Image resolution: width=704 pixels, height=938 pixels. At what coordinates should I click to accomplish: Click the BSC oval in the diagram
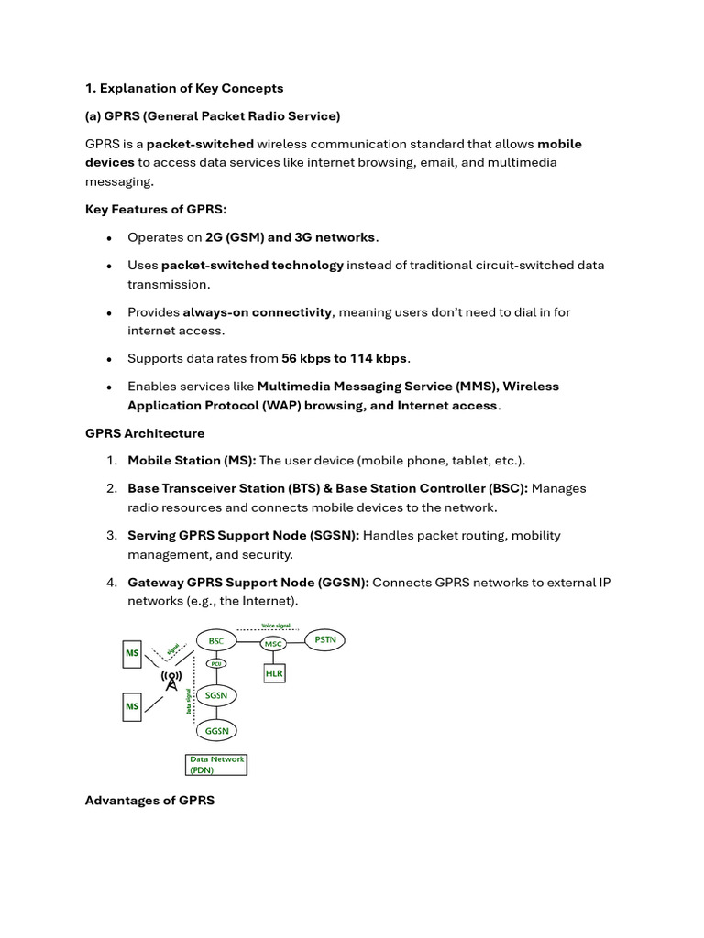(x=215, y=641)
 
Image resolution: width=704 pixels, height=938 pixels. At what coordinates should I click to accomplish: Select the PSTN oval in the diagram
(x=324, y=639)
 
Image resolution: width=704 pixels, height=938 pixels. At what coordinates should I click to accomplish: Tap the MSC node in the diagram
(x=273, y=644)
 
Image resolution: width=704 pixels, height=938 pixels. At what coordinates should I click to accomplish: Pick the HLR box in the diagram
(x=274, y=673)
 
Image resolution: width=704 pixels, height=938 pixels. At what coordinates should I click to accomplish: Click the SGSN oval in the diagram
(x=215, y=696)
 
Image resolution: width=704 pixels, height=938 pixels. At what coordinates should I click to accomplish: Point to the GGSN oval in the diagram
(x=216, y=730)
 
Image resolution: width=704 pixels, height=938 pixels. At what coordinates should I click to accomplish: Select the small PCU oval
(x=216, y=663)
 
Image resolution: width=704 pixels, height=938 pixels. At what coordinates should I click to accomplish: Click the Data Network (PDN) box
(x=216, y=765)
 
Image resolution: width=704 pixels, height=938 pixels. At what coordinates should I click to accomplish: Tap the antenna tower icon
(x=170, y=681)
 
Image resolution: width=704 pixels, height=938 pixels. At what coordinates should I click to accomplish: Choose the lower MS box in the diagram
(x=133, y=706)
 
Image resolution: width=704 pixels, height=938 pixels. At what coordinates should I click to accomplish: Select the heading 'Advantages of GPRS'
(x=149, y=801)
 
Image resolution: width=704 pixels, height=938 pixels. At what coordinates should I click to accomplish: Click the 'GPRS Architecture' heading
(x=145, y=432)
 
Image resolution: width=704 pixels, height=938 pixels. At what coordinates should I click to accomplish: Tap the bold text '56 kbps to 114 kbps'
(x=344, y=358)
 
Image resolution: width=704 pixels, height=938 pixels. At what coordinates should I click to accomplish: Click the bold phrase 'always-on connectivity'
(x=257, y=312)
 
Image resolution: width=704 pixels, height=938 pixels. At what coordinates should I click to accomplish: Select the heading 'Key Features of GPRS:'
(x=142, y=209)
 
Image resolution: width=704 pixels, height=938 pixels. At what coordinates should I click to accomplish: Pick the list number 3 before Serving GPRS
(x=111, y=535)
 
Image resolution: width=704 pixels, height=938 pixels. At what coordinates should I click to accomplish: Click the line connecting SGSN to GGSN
(x=216, y=714)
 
